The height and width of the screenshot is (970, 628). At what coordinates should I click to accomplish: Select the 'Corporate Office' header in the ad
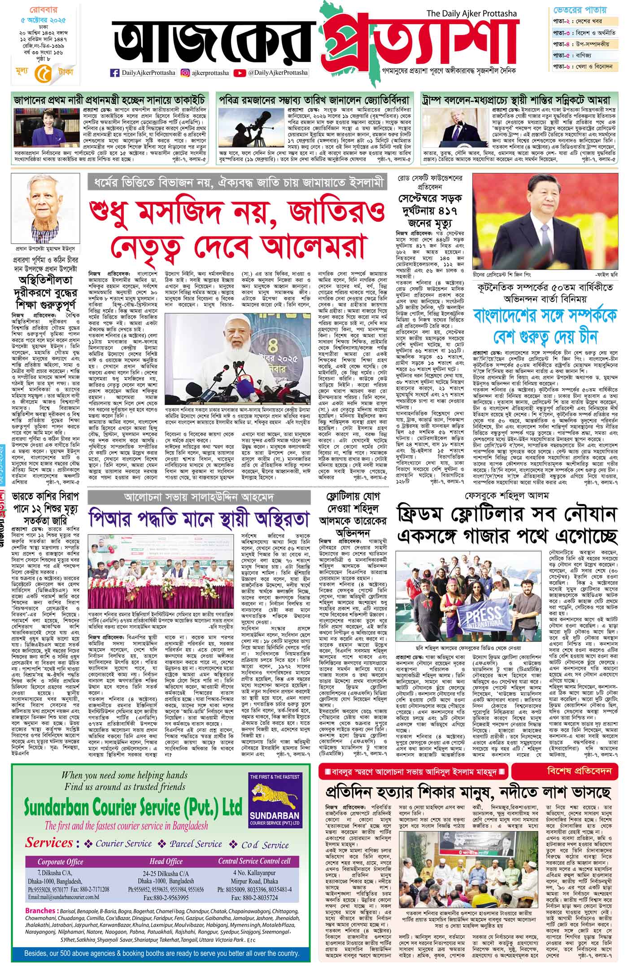point(61,861)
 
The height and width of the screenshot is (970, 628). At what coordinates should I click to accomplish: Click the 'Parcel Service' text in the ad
point(196,844)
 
